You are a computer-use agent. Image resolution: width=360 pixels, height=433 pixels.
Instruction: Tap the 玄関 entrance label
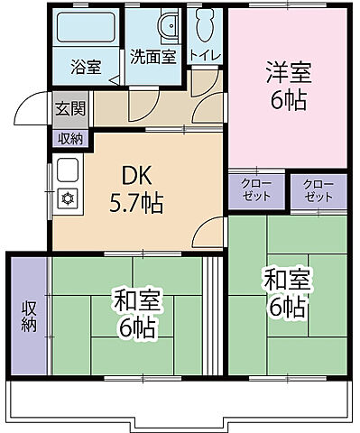pos(69,109)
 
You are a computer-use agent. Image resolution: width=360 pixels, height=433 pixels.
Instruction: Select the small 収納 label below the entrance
pos(69,138)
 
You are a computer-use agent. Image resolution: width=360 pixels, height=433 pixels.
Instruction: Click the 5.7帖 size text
pos(137,204)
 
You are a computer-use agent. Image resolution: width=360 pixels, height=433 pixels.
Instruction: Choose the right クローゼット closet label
pos(318,190)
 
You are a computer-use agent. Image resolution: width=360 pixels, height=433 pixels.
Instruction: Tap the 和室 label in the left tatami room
pos(136,299)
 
